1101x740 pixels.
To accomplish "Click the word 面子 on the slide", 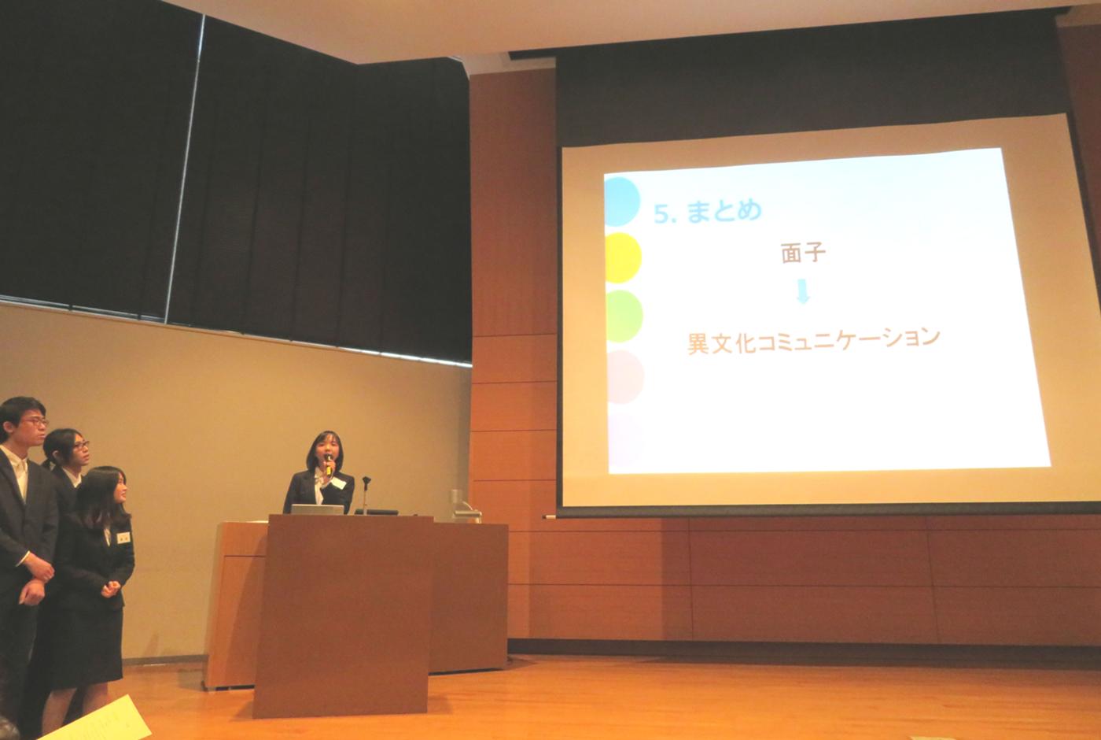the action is [x=803, y=253].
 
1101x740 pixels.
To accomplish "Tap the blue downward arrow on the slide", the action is [x=803, y=291].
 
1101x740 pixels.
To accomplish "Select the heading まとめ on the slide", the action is [x=724, y=210].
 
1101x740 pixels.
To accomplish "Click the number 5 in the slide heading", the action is [x=661, y=214].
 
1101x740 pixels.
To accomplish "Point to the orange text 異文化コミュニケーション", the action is [x=814, y=339].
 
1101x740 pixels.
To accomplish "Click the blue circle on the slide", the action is [x=622, y=202].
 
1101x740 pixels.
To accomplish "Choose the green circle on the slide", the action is [x=624, y=316].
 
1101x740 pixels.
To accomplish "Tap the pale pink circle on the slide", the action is [x=625, y=376].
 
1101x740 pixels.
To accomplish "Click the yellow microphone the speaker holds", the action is [x=327, y=464].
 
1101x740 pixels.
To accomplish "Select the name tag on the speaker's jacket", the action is [x=339, y=483].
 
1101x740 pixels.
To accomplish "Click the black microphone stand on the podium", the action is [x=366, y=494].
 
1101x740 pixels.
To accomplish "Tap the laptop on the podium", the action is [x=317, y=509].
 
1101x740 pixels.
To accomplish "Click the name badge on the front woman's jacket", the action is [x=124, y=537].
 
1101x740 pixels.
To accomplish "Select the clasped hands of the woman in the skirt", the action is [x=111, y=588].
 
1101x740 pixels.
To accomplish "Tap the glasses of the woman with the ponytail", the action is [x=81, y=446].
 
